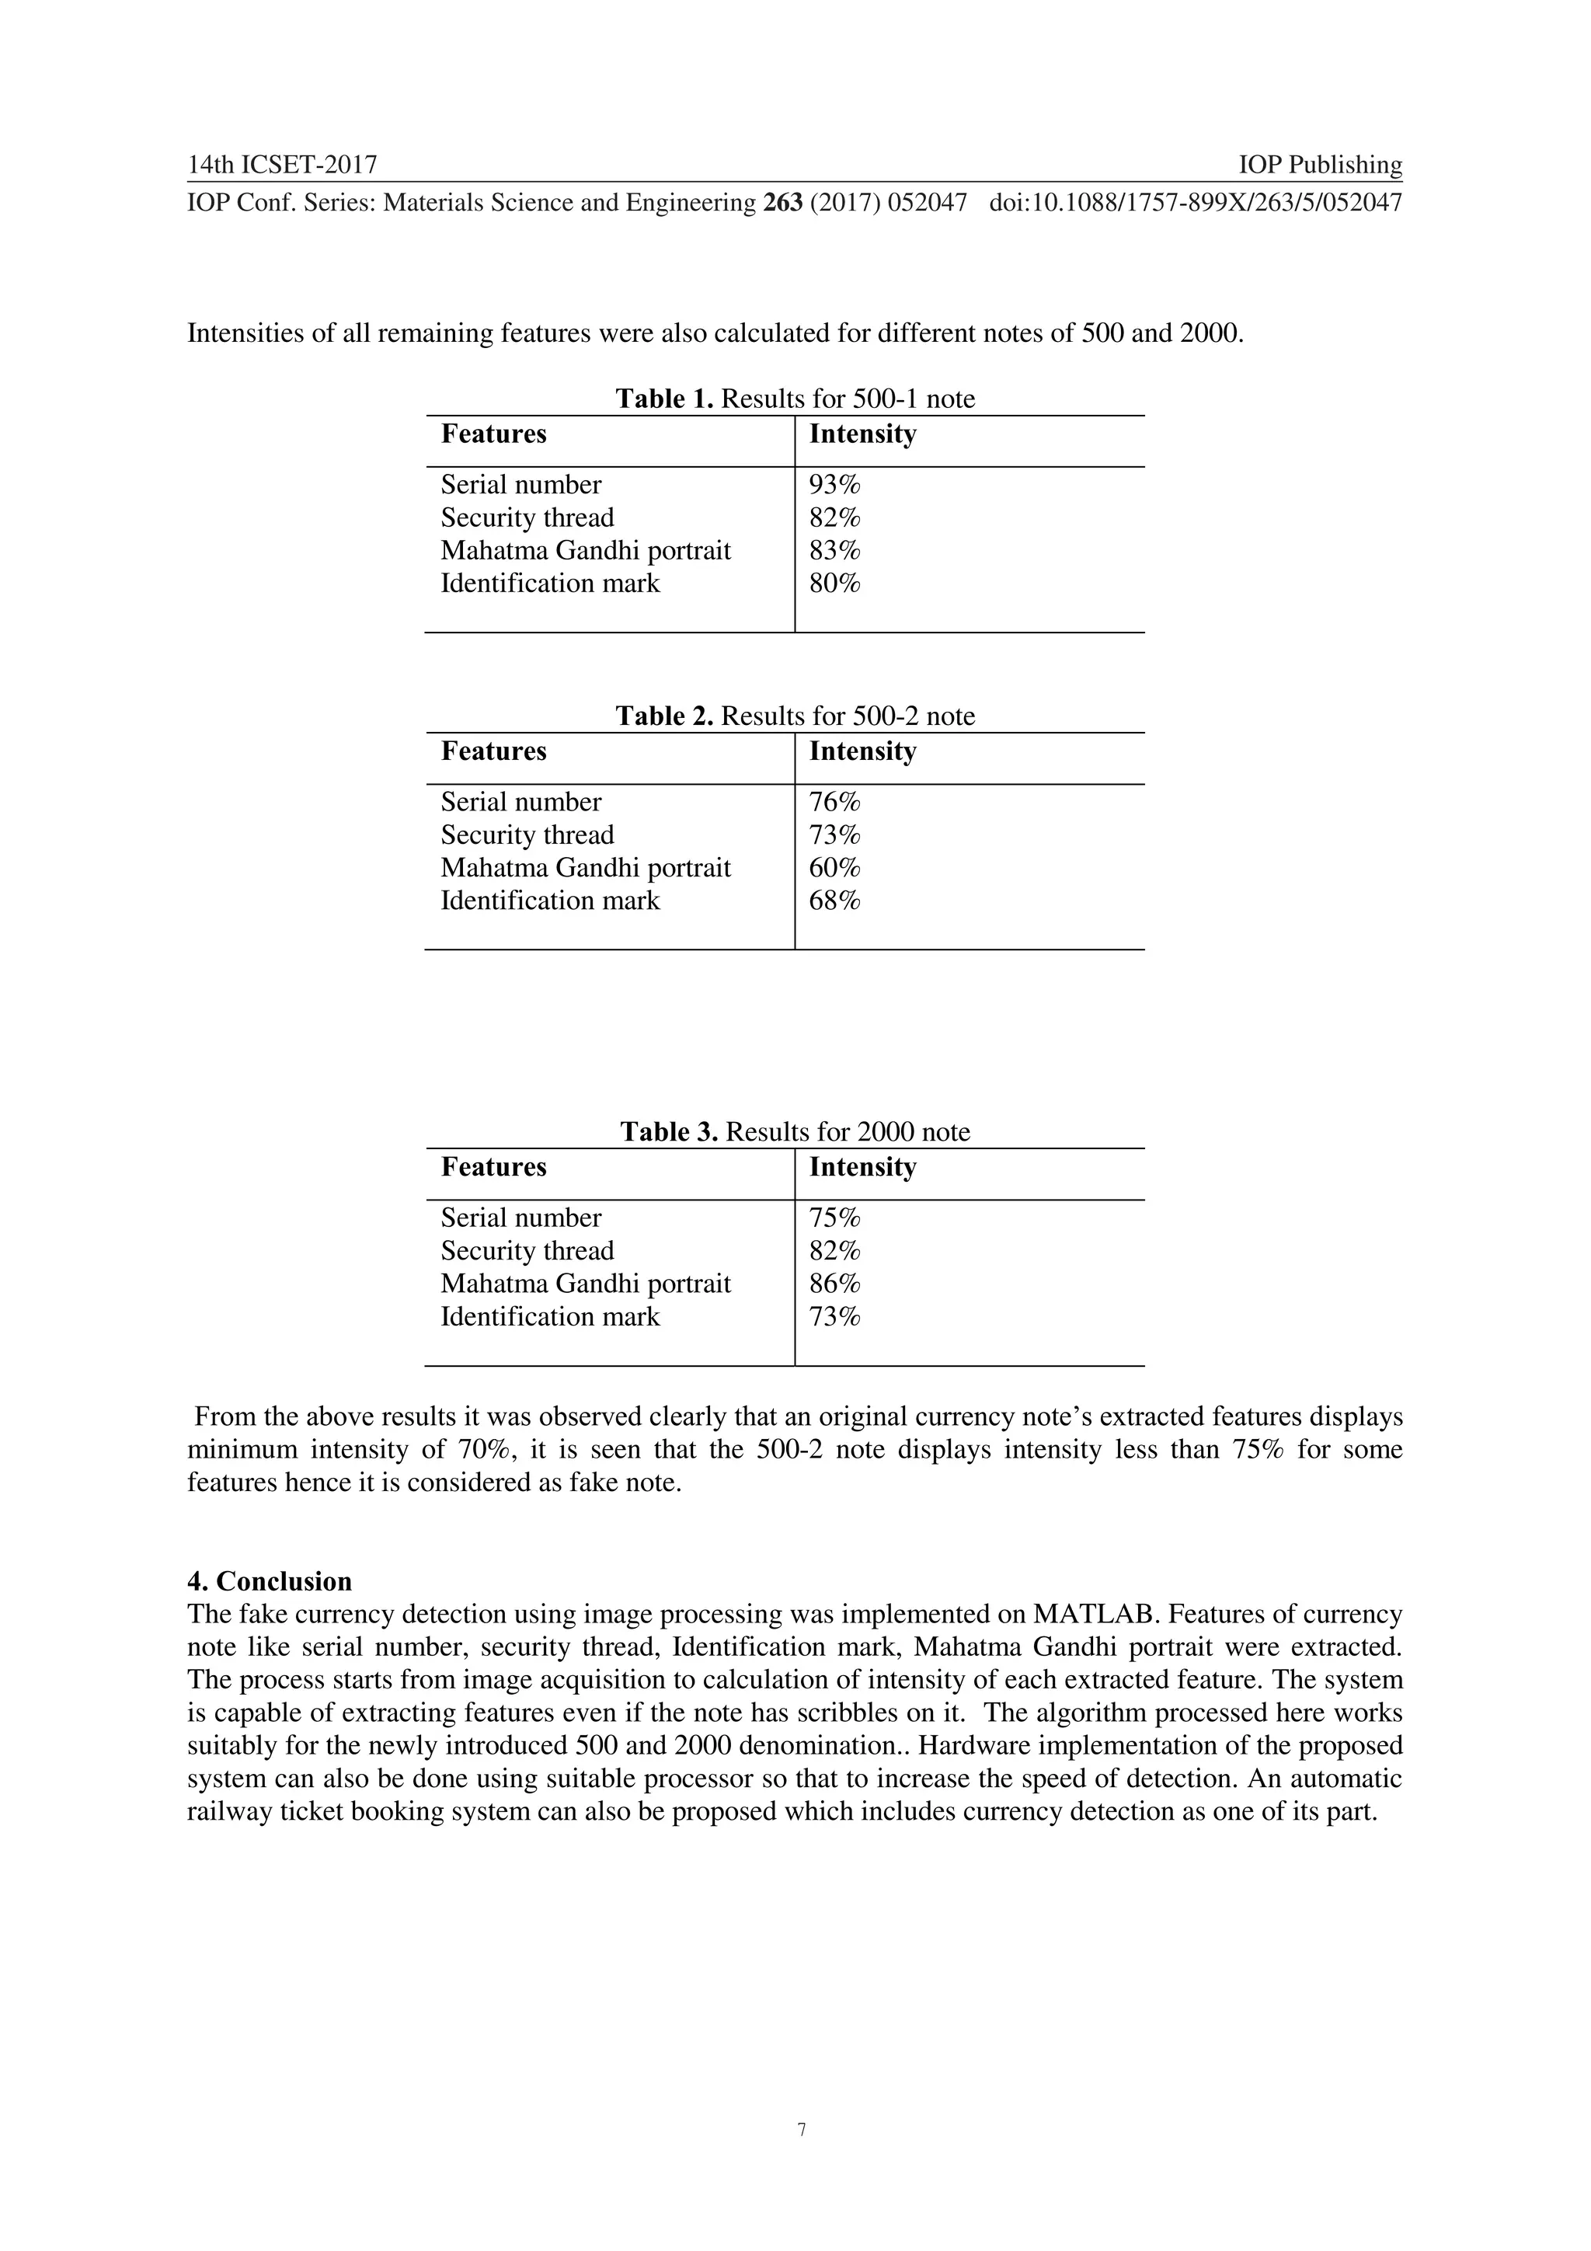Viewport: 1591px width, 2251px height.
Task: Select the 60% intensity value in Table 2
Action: click(x=834, y=868)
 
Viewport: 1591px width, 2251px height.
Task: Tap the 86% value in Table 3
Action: click(x=834, y=1284)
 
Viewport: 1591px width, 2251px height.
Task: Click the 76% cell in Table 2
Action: click(x=834, y=802)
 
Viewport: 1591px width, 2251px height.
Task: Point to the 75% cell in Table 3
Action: click(x=834, y=1218)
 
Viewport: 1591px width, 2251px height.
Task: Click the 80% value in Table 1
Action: click(x=834, y=584)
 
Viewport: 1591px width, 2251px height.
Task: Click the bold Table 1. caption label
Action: click(x=665, y=399)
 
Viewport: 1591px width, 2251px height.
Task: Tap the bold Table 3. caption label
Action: click(x=670, y=1132)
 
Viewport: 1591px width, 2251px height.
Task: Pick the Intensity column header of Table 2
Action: click(x=862, y=752)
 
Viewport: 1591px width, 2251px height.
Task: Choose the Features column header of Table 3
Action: click(x=493, y=1168)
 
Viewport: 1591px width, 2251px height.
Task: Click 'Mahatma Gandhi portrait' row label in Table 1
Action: click(x=585, y=551)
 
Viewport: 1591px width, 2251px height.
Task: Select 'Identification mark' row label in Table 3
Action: click(x=550, y=1317)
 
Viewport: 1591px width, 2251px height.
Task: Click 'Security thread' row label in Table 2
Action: click(x=527, y=835)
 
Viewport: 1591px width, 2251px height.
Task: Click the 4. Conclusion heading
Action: click(x=269, y=1581)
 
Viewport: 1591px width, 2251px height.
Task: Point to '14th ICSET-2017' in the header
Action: click(x=282, y=165)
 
